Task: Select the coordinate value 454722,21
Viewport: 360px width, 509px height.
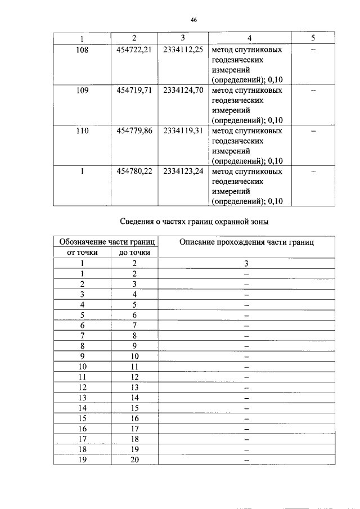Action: point(134,49)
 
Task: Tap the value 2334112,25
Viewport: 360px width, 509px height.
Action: point(183,49)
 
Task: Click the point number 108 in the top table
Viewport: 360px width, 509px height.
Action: point(82,49)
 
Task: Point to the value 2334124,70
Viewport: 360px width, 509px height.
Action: point(183,90)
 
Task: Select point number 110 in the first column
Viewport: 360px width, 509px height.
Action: point(82,130)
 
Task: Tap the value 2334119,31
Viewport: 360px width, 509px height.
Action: point(183,130)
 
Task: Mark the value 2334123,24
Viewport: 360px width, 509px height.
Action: point(183,171)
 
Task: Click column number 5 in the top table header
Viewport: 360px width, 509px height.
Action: point(313,38)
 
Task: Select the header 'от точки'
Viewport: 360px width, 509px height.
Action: point(82,253)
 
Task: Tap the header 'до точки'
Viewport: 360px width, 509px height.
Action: point(134,253)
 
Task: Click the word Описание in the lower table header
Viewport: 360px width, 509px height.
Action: point(200,242)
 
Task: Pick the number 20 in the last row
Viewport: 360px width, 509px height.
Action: point(134,460)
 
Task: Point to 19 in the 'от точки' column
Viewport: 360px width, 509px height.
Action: point(82,460)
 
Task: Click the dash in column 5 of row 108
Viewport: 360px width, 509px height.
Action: point(313,50)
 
